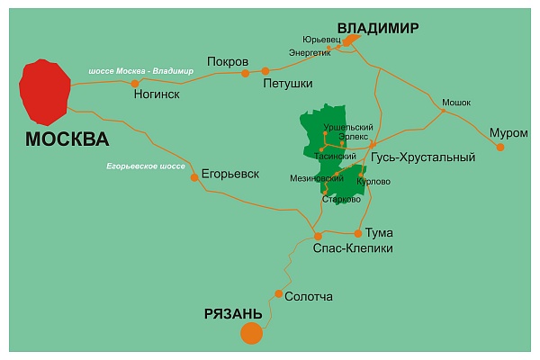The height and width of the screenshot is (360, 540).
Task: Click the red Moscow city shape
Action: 45,92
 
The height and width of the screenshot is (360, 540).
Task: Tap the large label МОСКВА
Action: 67,139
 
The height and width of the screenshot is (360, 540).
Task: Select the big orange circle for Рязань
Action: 251,333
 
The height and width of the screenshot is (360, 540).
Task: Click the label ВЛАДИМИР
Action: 377,28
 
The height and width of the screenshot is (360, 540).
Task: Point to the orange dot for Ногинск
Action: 135,84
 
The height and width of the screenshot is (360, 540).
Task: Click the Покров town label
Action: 227,61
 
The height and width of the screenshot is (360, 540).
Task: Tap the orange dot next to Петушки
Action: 265,70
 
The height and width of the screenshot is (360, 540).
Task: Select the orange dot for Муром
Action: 500,147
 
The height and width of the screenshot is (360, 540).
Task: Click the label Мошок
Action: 456,103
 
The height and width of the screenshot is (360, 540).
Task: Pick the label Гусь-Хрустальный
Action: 422,157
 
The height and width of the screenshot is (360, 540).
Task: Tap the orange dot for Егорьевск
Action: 194,177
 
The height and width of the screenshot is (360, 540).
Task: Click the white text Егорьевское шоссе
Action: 145,167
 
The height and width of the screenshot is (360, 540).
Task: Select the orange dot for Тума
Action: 358,232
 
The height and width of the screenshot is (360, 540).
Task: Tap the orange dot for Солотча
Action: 279,294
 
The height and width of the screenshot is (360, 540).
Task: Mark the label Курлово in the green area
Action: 373,181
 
